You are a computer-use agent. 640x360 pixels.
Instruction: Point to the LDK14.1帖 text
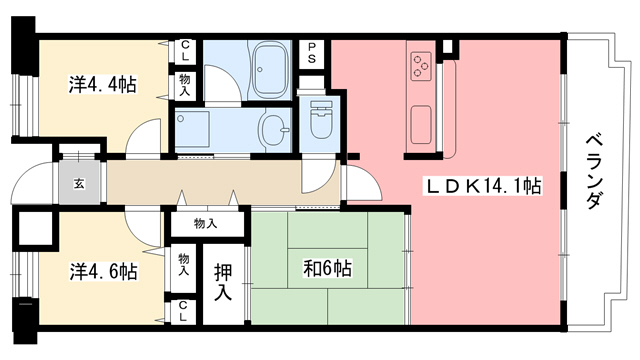484,186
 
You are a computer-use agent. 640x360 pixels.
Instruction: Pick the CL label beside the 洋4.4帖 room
187,50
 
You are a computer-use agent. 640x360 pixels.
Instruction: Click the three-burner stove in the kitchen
421,67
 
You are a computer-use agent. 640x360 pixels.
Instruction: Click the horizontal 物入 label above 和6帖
206,224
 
